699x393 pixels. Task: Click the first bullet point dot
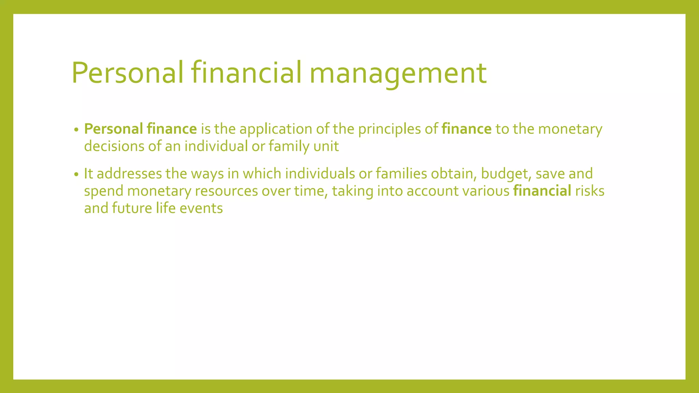click(76, 130)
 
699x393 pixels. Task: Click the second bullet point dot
click(76, 174)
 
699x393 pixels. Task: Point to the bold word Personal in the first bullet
click(114, 129)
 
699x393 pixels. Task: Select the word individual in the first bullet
click(216, 146)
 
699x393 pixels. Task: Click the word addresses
click(129, 174)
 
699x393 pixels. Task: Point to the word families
click(401, 174)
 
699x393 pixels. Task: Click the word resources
click(226, 191)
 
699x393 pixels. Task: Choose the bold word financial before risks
click(542, 191)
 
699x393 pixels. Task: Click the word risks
click(590, 191)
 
